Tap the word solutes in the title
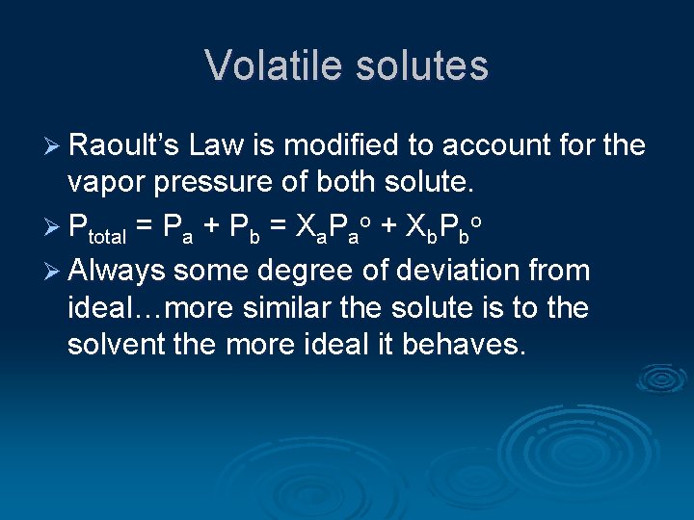(x=424, y=65)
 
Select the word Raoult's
(x=124, y=145)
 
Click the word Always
(x=116, y=271)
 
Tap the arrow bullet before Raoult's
(x=53, y=146)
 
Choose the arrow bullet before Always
(x=53, y=271)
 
